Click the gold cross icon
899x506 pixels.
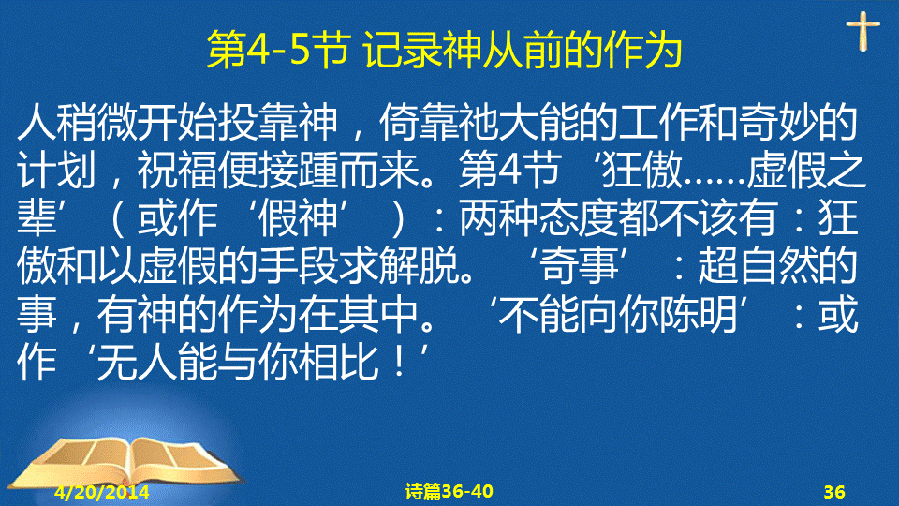coord(862,31)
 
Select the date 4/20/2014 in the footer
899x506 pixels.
coord(102,492)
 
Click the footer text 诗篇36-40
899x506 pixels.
coord(449,491)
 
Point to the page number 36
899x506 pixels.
coord(834,492)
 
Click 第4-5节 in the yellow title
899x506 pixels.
coord(279,50)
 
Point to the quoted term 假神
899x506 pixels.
coord(298,218)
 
